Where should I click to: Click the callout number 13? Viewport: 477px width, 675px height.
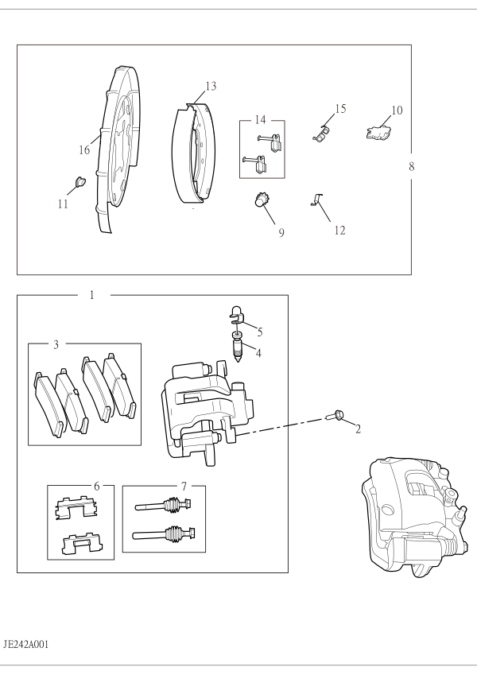[211, 86]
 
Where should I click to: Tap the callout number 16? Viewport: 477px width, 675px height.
[84, 149]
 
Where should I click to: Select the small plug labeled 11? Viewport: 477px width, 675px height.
[80, 181]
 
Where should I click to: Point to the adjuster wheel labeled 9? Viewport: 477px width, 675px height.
[260, 200]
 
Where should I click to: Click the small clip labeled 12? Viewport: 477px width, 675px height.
[316, 200]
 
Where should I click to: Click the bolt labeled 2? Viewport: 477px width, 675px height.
[335, 416]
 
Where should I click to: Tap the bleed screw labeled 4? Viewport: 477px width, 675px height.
[237, 347]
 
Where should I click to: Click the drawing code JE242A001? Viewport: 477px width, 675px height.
[25, 645]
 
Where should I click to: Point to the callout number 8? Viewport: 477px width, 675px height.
[412, 166]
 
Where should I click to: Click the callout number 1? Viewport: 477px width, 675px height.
[91, 295]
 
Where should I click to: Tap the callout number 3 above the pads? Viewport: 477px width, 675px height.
[56, 345]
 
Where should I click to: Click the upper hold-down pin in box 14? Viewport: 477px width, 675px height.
[270, 142]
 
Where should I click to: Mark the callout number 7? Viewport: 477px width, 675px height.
[184, 487]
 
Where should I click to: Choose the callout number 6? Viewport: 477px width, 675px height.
[96, 486]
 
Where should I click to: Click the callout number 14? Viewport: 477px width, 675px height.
[261, 120]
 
